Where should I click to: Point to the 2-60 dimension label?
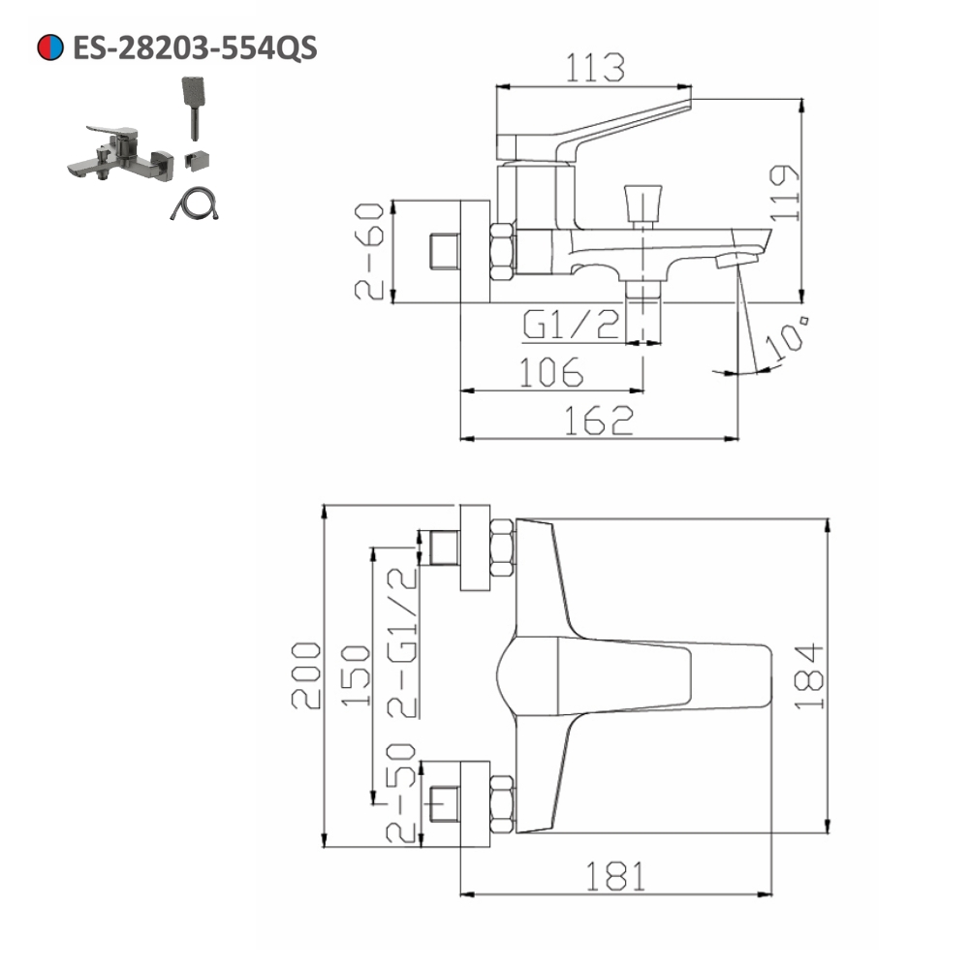pos(372,251)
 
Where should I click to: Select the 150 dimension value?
pos(356,676)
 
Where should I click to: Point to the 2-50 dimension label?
pos(403,790)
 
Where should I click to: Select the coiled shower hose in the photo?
pos(193,204)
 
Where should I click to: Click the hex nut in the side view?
pos(503,252)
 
